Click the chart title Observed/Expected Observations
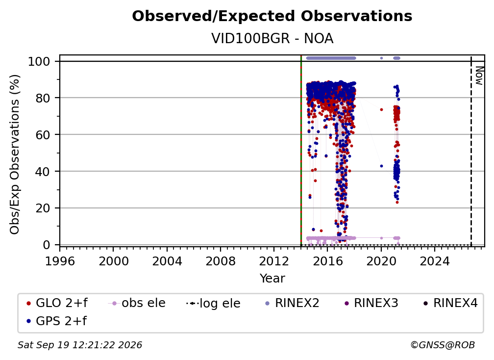[272, 16]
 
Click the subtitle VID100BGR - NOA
[272, 38]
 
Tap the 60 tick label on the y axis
[44, 134]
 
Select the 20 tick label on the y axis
[44, 208]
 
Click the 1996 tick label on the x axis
[60, 261]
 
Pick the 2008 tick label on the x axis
[220, 261]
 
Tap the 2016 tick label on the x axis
[327, 261]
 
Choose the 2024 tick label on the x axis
[434, 261]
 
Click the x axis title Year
[272, 278]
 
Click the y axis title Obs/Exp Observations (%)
[15, 154]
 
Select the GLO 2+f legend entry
[57, 303]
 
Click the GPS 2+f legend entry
[57, 321]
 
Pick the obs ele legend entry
[137, 303]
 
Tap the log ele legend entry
[213, 303]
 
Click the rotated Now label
[479, 76]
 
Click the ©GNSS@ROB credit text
[443, 345]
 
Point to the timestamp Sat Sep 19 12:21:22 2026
[80, 345]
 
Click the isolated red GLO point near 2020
[381, 109]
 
